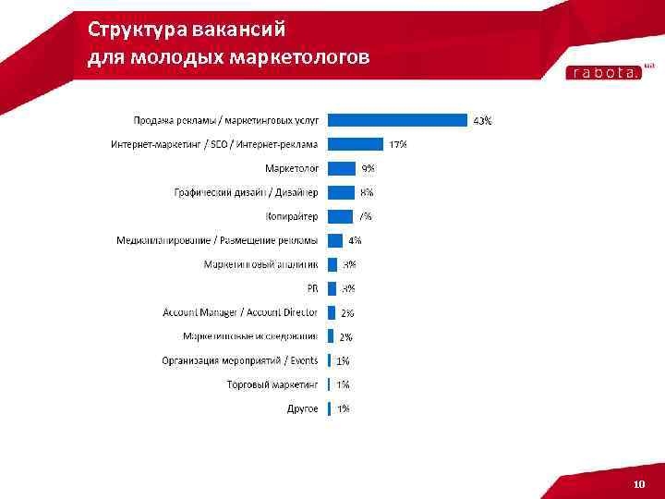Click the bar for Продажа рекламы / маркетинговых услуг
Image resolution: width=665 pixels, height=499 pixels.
398,120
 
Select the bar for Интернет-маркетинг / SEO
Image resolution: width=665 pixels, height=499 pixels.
356,144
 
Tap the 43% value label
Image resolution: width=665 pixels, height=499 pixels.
482,120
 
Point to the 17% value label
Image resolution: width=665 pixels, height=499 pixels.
398,144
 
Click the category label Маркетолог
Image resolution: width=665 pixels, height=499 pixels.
292,168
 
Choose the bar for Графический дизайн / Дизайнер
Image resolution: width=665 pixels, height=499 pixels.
342,192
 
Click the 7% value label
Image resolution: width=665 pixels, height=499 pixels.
366,216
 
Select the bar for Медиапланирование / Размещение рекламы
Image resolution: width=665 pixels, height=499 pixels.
335,240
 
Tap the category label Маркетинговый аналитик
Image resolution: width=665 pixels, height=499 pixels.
260,264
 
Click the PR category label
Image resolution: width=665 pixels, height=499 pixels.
312,288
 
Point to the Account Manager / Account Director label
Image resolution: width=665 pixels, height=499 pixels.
240,312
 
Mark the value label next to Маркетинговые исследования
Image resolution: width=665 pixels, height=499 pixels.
346,336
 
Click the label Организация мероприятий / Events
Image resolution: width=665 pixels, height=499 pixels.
240,360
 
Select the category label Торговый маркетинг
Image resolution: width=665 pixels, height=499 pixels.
272,384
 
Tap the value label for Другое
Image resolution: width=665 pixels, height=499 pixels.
343,408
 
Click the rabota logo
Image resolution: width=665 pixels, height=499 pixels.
603,73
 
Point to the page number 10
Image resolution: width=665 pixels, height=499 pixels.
639,485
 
